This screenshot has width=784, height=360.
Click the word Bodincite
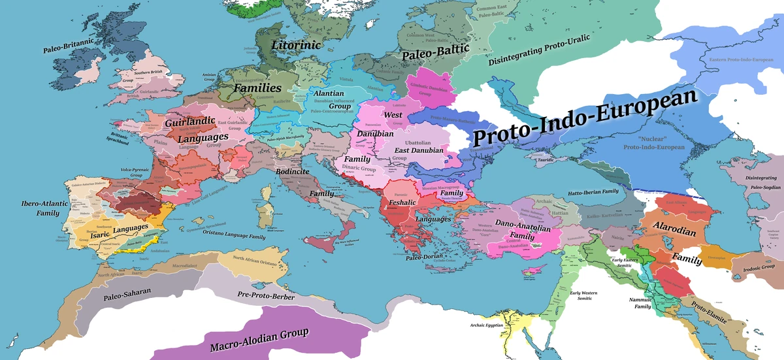pyautogui.click(x=294, y=171)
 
